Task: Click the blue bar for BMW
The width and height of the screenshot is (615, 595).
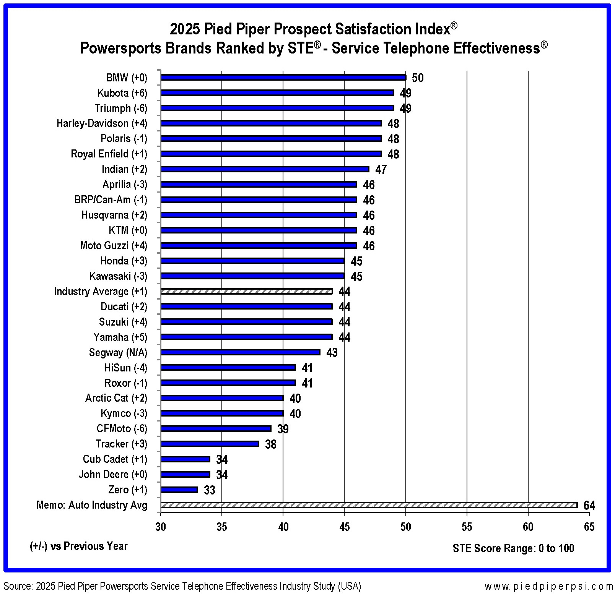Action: click(283, 78)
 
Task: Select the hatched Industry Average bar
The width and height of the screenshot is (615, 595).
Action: click(247, 291)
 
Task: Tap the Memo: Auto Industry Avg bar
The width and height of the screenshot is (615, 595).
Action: click(369, 505)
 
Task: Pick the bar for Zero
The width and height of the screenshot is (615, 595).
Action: click(179, 490)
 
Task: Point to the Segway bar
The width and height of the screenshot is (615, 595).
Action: click(241, 352)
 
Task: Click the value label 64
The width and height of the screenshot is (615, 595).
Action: click(589, 506)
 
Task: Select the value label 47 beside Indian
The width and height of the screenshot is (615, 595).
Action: click(381, 169)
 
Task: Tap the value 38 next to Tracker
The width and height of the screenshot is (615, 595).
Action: click(271, 444)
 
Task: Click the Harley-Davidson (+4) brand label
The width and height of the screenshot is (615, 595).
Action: click(102, 123)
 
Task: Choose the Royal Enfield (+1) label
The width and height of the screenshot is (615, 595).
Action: click(109, 154)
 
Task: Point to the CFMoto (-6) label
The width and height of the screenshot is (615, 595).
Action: click(122, 429)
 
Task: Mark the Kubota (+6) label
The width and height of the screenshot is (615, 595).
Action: click(122, 93)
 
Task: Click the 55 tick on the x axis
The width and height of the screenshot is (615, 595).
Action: click(467, 527)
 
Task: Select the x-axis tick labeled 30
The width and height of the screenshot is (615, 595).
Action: click(161, 527)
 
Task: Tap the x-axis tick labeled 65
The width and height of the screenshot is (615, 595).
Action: click(589, 527)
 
